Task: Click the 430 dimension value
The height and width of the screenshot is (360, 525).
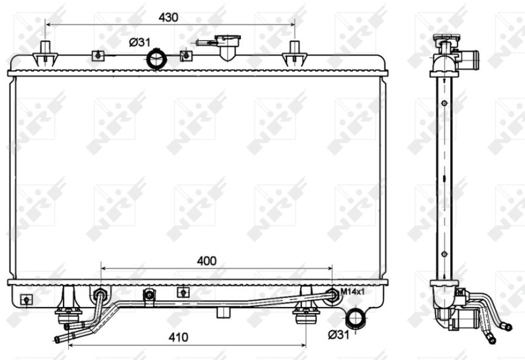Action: coord(168,17)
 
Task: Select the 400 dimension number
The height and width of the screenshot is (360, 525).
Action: coord(207,261)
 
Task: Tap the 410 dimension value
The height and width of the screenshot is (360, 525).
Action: coord(178,337)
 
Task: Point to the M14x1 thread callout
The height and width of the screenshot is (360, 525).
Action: coord(352,291)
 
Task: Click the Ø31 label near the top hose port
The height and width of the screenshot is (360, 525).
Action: coord(139,42)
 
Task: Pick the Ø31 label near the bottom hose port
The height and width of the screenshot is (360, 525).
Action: coord(338,334)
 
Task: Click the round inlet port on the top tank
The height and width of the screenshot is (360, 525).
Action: coord(157,59)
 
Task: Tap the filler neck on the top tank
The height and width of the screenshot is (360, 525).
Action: coord(228,47)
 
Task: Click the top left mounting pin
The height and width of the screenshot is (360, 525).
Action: coord(45,54)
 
